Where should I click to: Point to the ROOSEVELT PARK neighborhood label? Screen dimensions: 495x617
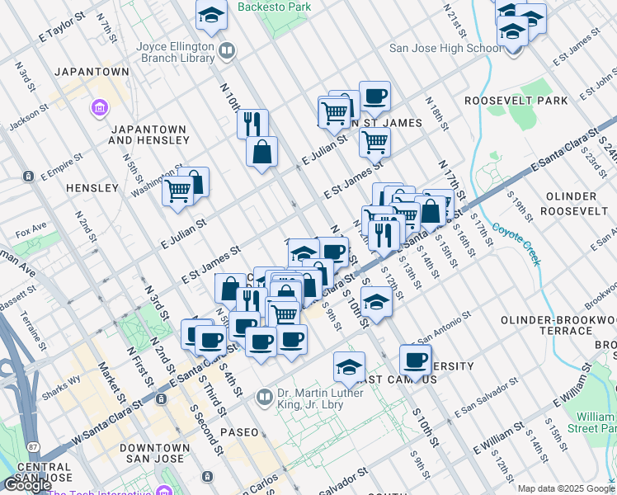[x=516, y=101]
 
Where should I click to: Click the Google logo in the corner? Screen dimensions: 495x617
[x=26, y=485]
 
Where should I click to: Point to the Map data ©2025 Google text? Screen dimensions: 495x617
[x=566, y=488]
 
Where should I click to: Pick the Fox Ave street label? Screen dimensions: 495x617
[x=31, y=226]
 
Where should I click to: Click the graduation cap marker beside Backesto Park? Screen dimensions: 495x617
[x=212, y=14]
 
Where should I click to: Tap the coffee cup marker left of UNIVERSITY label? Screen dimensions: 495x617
[x=415, y=360]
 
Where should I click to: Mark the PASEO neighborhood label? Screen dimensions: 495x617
[x=238, y=432]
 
